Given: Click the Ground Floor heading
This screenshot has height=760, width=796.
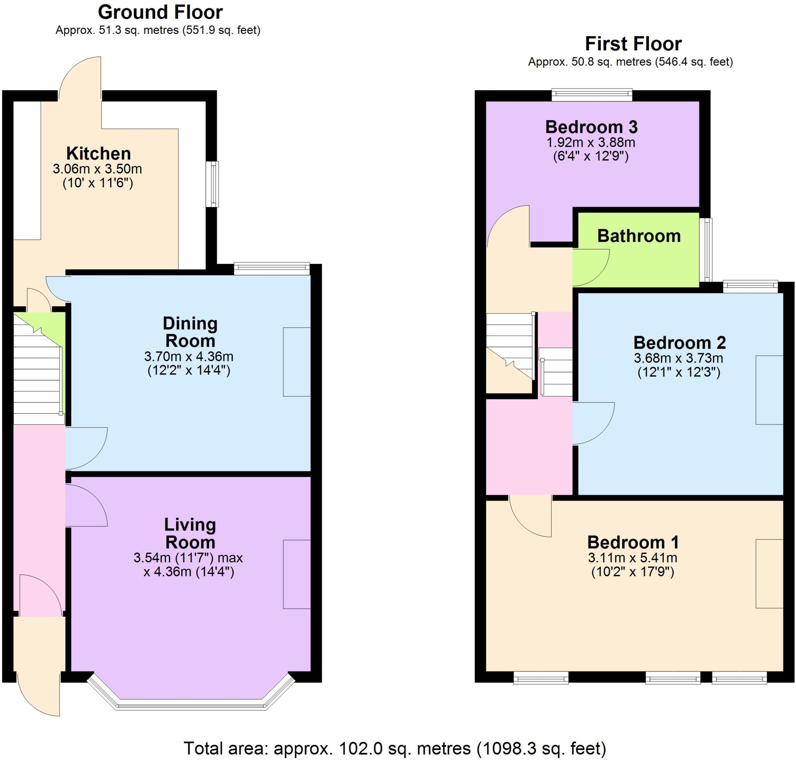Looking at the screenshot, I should (x=160, y=12).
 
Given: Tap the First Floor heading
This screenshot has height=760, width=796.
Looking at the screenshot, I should (x=633, y=44).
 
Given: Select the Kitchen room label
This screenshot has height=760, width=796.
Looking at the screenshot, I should (x=98, y=153).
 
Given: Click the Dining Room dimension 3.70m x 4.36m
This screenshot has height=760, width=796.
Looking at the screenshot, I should (x=189, y=357).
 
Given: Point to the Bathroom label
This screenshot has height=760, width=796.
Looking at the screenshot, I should (x=639, y=236).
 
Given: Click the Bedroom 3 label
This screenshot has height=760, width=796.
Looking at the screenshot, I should (x=591, y=127).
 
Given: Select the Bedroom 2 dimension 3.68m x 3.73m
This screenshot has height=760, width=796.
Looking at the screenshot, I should (x=679, y=358).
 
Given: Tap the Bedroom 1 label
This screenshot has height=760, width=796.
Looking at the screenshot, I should (x=633, y=542).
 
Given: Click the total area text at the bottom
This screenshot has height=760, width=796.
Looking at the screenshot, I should (x=395, y=748).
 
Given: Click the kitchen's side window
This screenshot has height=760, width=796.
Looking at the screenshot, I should (x=212, y=184).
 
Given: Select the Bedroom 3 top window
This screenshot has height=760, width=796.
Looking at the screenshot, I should (x=592, y=95).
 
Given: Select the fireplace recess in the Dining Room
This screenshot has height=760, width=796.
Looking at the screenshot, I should (x=297, y=362).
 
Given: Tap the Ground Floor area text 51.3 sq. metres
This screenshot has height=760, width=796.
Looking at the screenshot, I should (x=158, y=30).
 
